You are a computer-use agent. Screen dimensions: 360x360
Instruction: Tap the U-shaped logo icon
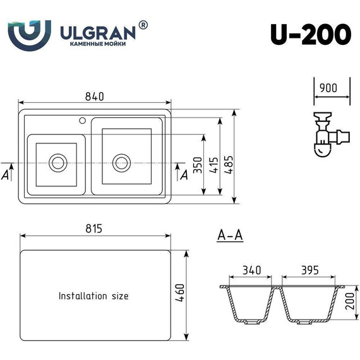[29, 34]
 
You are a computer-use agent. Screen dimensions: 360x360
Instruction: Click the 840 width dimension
[94, 96]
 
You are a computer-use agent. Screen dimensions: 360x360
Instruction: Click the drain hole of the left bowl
[58, 162]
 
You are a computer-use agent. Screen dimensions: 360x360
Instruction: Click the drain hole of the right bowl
[121, 162]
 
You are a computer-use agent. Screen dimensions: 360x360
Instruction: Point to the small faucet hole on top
[82, 120]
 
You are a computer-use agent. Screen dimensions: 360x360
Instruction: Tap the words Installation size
[93, 296]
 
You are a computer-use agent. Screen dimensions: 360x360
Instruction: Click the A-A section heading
[230, 236]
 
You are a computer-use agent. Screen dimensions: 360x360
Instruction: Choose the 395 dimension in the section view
[308, 270]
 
